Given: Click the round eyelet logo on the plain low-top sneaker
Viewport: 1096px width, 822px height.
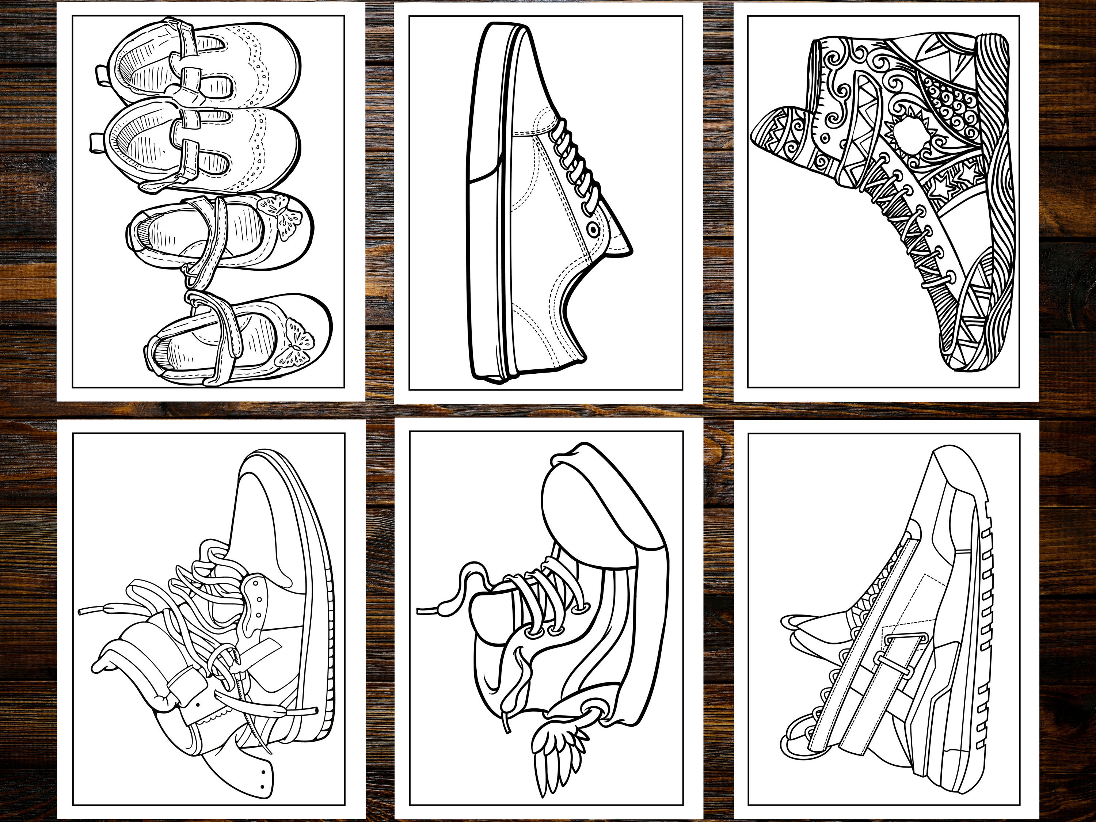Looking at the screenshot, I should coord(593,229).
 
